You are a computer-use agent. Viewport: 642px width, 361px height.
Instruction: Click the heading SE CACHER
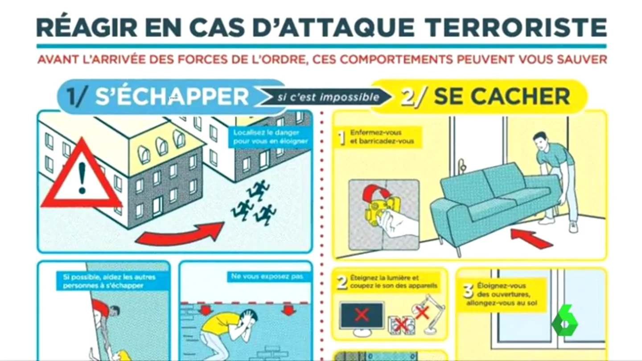pyautogui.click(x=502, y=97)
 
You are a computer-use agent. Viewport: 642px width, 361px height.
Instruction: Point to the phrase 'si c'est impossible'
pyautogui.click(x=329, y=98)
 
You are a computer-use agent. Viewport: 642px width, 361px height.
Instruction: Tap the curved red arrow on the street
pyautogui.click(x=180, y=234)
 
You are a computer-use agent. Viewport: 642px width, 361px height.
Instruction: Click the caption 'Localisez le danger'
pyautogui.click(x=266, y=133)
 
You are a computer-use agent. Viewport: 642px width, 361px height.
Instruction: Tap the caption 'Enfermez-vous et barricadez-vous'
pyautogui.click(x=382, y=137)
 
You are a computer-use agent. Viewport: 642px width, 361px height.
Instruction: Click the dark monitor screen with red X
pyautogui.click(x=362, y=315)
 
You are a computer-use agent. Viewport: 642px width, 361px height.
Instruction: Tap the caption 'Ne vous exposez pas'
pyautogui.click(x=267, y=276)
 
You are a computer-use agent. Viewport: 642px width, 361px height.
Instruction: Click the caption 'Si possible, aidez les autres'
pyautogui.click(x=109, y=277)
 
